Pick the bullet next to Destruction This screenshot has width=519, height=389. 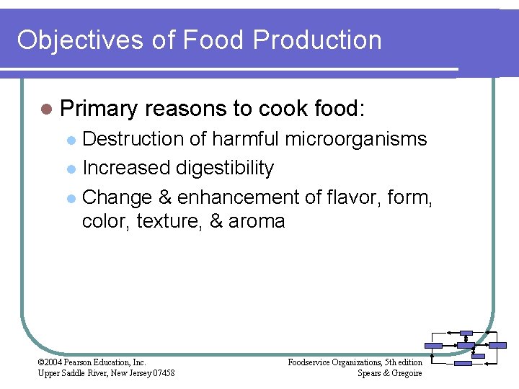[x=71, y=139]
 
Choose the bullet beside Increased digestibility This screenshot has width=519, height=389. [x=71, y=169]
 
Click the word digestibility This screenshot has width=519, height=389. [x=225, y=169]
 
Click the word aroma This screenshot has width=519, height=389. [x=257, y=221]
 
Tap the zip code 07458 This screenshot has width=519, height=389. [x=161, y=372]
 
